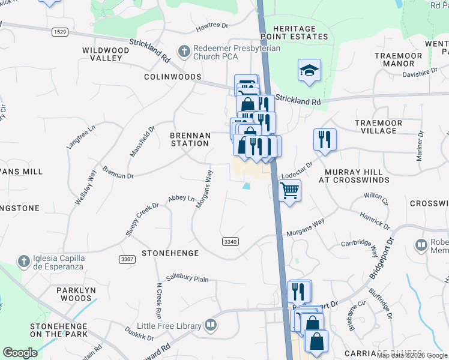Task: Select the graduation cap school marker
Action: (x=310, y=70)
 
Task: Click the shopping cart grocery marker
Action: (x=290, y=191)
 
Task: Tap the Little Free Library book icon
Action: (x=210, y=325)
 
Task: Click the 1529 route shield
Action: (x=59, y=32)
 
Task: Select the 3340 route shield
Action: (x=230, y=241)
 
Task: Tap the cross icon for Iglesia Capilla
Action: (x=23, y=261)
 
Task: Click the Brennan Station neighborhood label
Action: (x=190, y=140)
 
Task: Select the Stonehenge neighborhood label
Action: (x=169, y=254)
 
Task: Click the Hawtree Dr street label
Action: (x=212, y=26)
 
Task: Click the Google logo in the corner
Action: (x=20, y=353)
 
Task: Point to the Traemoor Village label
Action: (x=384, y=127)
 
